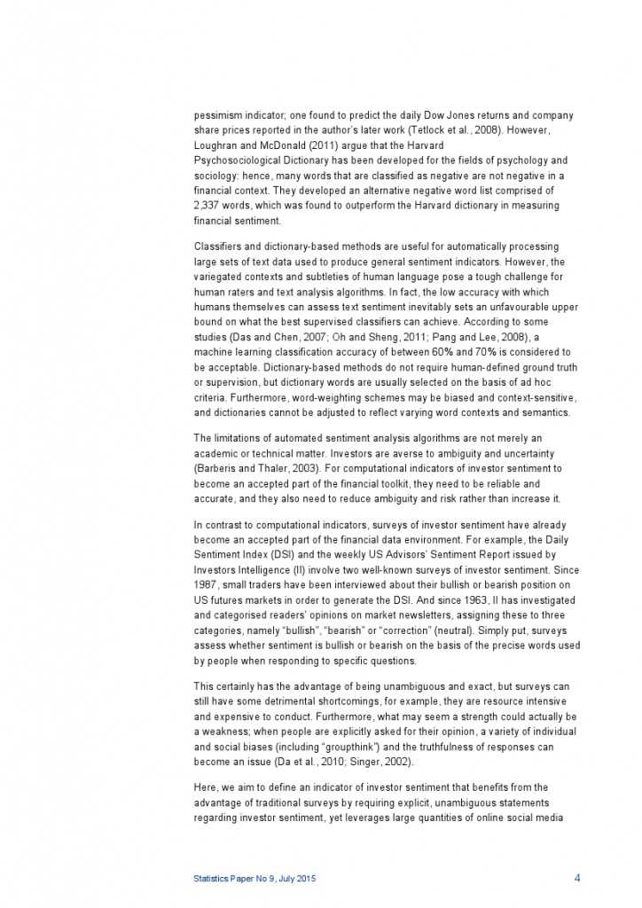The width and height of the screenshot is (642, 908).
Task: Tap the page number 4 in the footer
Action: click(577, 878)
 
